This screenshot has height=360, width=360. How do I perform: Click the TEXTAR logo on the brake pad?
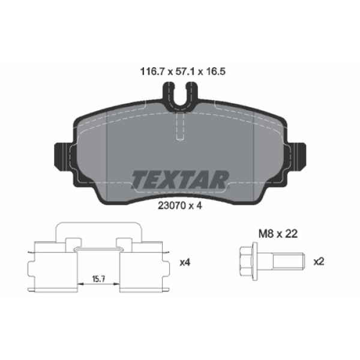click(180, 178)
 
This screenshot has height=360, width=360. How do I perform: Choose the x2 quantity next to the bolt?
click(319, 262)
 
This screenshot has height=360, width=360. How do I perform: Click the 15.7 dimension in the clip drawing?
click(99, 278)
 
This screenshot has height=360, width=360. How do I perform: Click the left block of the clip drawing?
click(55, 267)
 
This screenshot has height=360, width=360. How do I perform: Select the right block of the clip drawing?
click(142, 267)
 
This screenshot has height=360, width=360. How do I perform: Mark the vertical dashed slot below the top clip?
click(180, 127)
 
